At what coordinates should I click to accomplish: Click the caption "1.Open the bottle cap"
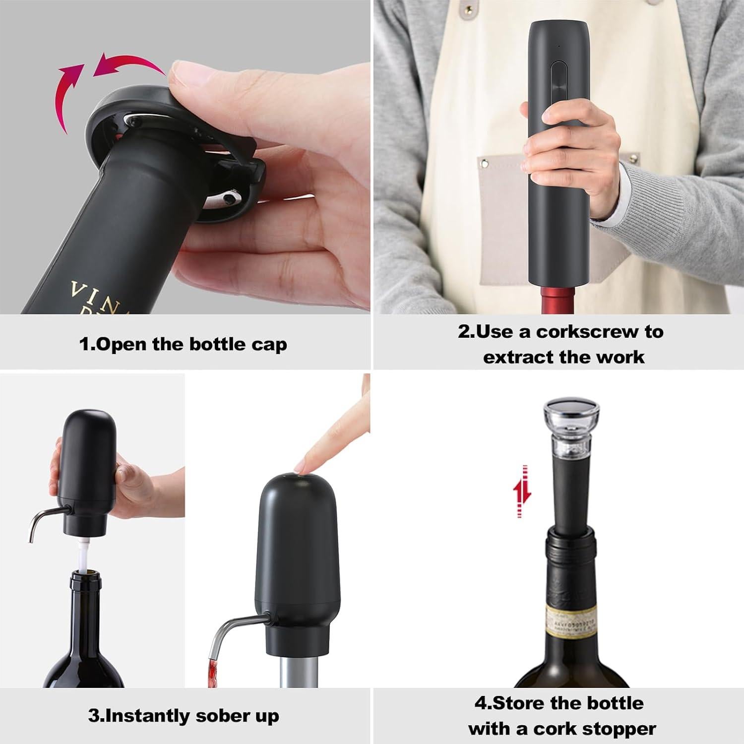(183, 344)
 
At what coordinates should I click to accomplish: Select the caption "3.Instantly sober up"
(184, 716)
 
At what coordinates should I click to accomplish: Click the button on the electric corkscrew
(558, 79)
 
